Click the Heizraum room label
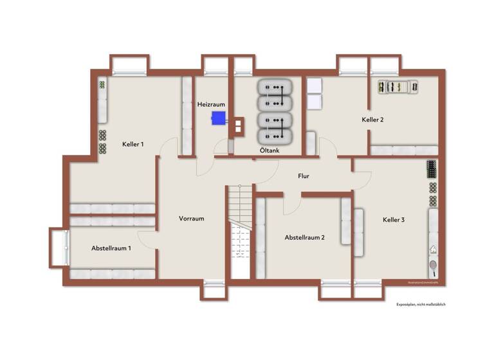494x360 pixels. pyautogui.click(x=210, y=104)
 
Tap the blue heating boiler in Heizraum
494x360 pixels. pyautogui.click(x=219, y=118)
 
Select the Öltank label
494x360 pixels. pyautogui.click(x=269, y=150)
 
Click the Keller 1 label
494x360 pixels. pyautogui.click(x=133, y=144)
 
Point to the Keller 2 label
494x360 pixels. pyautogui.click(x=372, y=120)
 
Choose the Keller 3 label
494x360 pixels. pyautogui.click(x=393, y=220)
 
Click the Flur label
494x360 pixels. pyautogui.click(x=304, y=175)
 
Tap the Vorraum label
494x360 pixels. pyautogui.click(x=191, y=219)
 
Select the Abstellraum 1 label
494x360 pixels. pyautogui.click(x=111, y=248)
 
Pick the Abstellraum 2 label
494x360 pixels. pyautogui.click(x=304, y=237)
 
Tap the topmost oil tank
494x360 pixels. pyautogui.click(x=275, y=87)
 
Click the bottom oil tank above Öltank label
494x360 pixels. pyautogui.click(x=275, y=136)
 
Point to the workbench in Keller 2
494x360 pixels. pyautogui.click(x=398, y=85)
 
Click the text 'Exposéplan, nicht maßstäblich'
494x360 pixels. pyautogui.click(x=421, y=304)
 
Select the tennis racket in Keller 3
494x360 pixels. pyautogui.click(x=434, y=264)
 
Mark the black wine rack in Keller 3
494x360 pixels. pyautogui.click(x=431, y=169)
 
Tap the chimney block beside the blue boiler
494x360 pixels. pyautogui.click(x=238, y=126)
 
